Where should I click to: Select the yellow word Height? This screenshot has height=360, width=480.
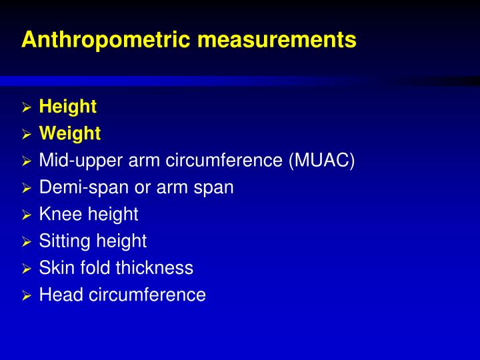(x=68, y=107)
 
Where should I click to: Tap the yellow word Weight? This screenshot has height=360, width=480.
(x=70, y=134)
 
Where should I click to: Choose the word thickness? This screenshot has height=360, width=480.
(x=154, y=268)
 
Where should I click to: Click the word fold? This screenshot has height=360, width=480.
(x=95, y=268)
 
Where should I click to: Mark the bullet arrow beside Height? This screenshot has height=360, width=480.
(x=27, y=107)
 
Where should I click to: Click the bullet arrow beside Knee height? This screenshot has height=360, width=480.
(x=27, y=215)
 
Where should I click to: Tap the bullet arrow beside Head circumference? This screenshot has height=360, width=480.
(x=27, y=295)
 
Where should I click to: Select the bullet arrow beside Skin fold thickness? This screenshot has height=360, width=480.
(x=27, y=269)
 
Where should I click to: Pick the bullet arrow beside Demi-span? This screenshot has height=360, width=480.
(x=27, y=188)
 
